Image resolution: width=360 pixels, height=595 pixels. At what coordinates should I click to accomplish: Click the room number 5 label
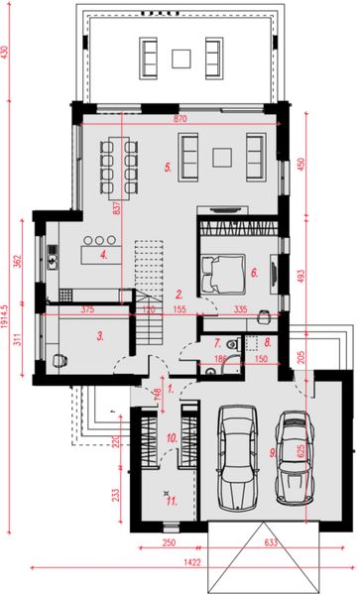(169, 169)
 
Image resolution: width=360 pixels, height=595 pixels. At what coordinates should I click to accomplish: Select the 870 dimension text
(181, 118)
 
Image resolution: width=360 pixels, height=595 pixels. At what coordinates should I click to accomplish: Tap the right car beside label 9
(293, 455)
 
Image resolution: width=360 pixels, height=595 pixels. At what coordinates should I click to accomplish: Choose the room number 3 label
(100, 335)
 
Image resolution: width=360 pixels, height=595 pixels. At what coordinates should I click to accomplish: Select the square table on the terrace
(180, 58)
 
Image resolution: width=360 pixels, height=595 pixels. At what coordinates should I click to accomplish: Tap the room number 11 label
(171, 501)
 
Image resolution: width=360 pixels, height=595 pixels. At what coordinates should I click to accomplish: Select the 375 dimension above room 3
(87, 309)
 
